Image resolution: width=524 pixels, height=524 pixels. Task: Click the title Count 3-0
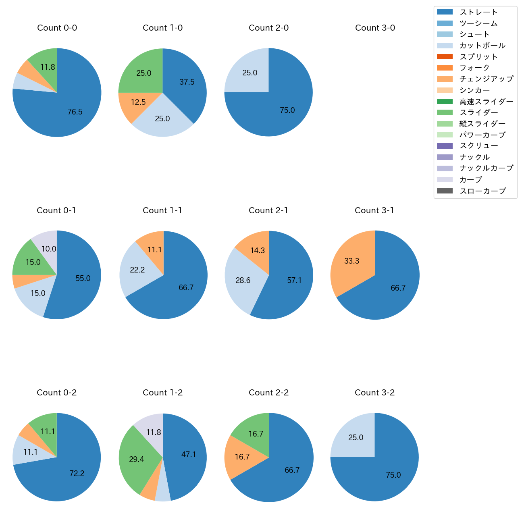tap(375, 28)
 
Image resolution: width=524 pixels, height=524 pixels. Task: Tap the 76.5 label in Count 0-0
tap(75, 112)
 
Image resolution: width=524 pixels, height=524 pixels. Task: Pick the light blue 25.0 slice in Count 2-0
tap(250, 73)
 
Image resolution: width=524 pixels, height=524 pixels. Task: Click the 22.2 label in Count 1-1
tap(137, 270)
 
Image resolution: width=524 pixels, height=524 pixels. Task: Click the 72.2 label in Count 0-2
tap(77, 473)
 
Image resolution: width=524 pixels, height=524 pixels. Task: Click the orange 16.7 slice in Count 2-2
tap(242, 457)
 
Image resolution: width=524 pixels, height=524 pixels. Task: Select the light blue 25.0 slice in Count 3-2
tap(356, 437)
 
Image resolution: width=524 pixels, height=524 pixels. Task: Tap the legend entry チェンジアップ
tap(486, 79)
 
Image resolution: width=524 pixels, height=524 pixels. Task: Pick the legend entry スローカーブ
tap(482, 191)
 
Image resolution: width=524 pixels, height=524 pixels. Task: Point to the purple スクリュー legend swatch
tap(445, 146)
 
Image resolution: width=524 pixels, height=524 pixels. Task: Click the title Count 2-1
tap(268, 210)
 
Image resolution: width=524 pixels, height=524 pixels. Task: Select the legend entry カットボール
tap(482, 46)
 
